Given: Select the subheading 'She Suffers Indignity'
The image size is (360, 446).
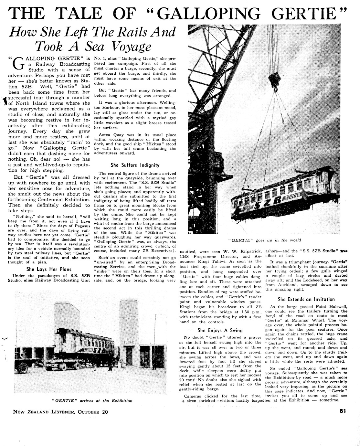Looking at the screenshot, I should click(x=135, y=165).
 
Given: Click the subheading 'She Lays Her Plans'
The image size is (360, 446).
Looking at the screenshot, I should click(x=49, y=269).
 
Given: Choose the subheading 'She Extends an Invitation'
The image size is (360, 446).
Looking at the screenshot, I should click(x=306, y=299).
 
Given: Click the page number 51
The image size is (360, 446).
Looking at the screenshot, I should click(x=343, y=412).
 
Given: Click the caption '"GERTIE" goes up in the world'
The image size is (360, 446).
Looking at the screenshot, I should click(x=264, y=240).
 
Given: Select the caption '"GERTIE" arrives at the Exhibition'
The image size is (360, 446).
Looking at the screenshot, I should click(x=92, y=401).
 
